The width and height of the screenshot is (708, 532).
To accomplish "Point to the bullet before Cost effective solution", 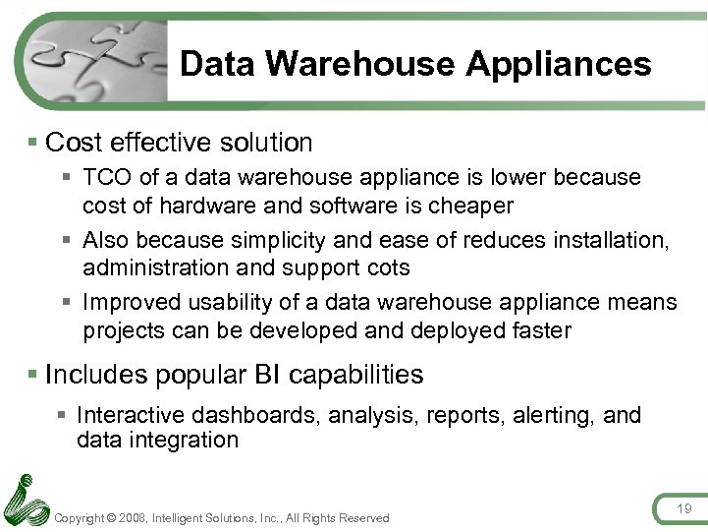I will [x=34, y=143].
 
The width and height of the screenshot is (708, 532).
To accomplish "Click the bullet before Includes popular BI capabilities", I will [x=34, y=375].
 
